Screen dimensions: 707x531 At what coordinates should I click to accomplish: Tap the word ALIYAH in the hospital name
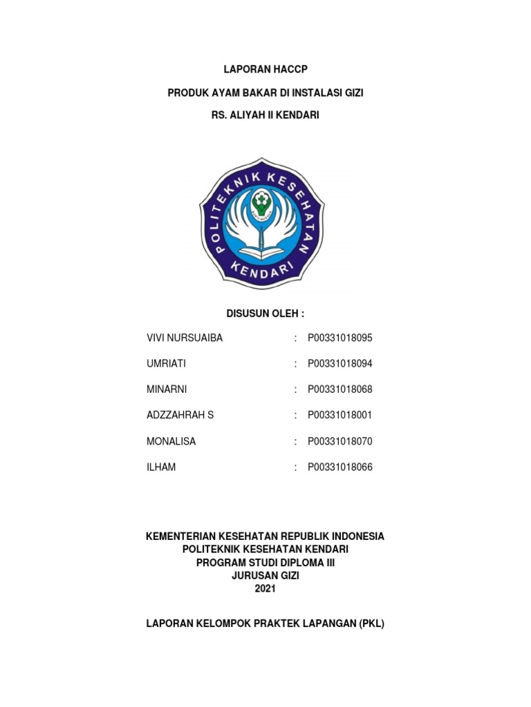click(254, 116)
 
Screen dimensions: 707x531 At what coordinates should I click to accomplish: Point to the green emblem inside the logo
click(264, 202)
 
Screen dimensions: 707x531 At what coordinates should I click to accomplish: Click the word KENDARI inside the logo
click(262, 266)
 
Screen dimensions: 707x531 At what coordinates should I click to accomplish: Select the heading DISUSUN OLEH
click(265, 313)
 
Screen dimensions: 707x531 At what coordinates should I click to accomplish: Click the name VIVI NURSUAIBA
click(185, 338)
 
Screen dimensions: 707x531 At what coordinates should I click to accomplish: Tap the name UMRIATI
click(167, 363)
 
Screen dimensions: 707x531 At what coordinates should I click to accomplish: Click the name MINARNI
click(167, 389)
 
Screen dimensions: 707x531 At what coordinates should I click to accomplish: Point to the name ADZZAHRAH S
click(180, 415)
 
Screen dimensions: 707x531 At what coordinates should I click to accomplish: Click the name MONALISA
click(171, 441)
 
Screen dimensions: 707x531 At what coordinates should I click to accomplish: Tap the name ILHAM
click(162, 467)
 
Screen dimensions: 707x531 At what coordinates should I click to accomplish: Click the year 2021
click(265, 588)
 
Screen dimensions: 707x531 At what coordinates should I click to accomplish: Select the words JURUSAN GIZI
click(265, 575)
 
